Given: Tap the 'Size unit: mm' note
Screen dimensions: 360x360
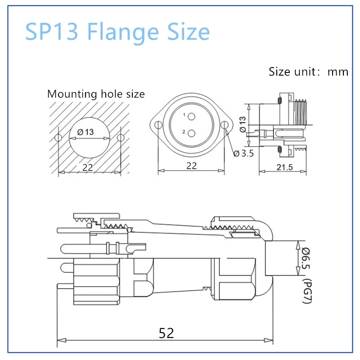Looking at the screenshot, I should pyautogui.click(x=308, y=72).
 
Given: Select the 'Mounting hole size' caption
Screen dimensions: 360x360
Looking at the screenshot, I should pyautogui.click(x=96, y=94).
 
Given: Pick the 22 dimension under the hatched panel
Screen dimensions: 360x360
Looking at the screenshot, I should pyautogui.click(x=88, y=167).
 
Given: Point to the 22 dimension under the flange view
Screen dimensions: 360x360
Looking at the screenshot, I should pyautogui.click(x=192, y=166).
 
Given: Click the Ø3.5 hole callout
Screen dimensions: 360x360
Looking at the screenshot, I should pyautogui.click(x=244, y=153).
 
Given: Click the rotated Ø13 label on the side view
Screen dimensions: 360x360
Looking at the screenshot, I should pyautogui.click(x=243, y=124).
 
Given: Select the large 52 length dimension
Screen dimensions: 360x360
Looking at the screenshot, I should pyautogui.click(x=166, y=333).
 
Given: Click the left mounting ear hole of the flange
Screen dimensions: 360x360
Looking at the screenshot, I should pyautogui.click(x=158, y=126).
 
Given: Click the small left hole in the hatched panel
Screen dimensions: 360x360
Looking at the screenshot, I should pyautogui.click(x=57, y=138).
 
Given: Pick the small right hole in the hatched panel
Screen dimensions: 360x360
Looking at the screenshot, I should pyautogui.click(x=121, y=138).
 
